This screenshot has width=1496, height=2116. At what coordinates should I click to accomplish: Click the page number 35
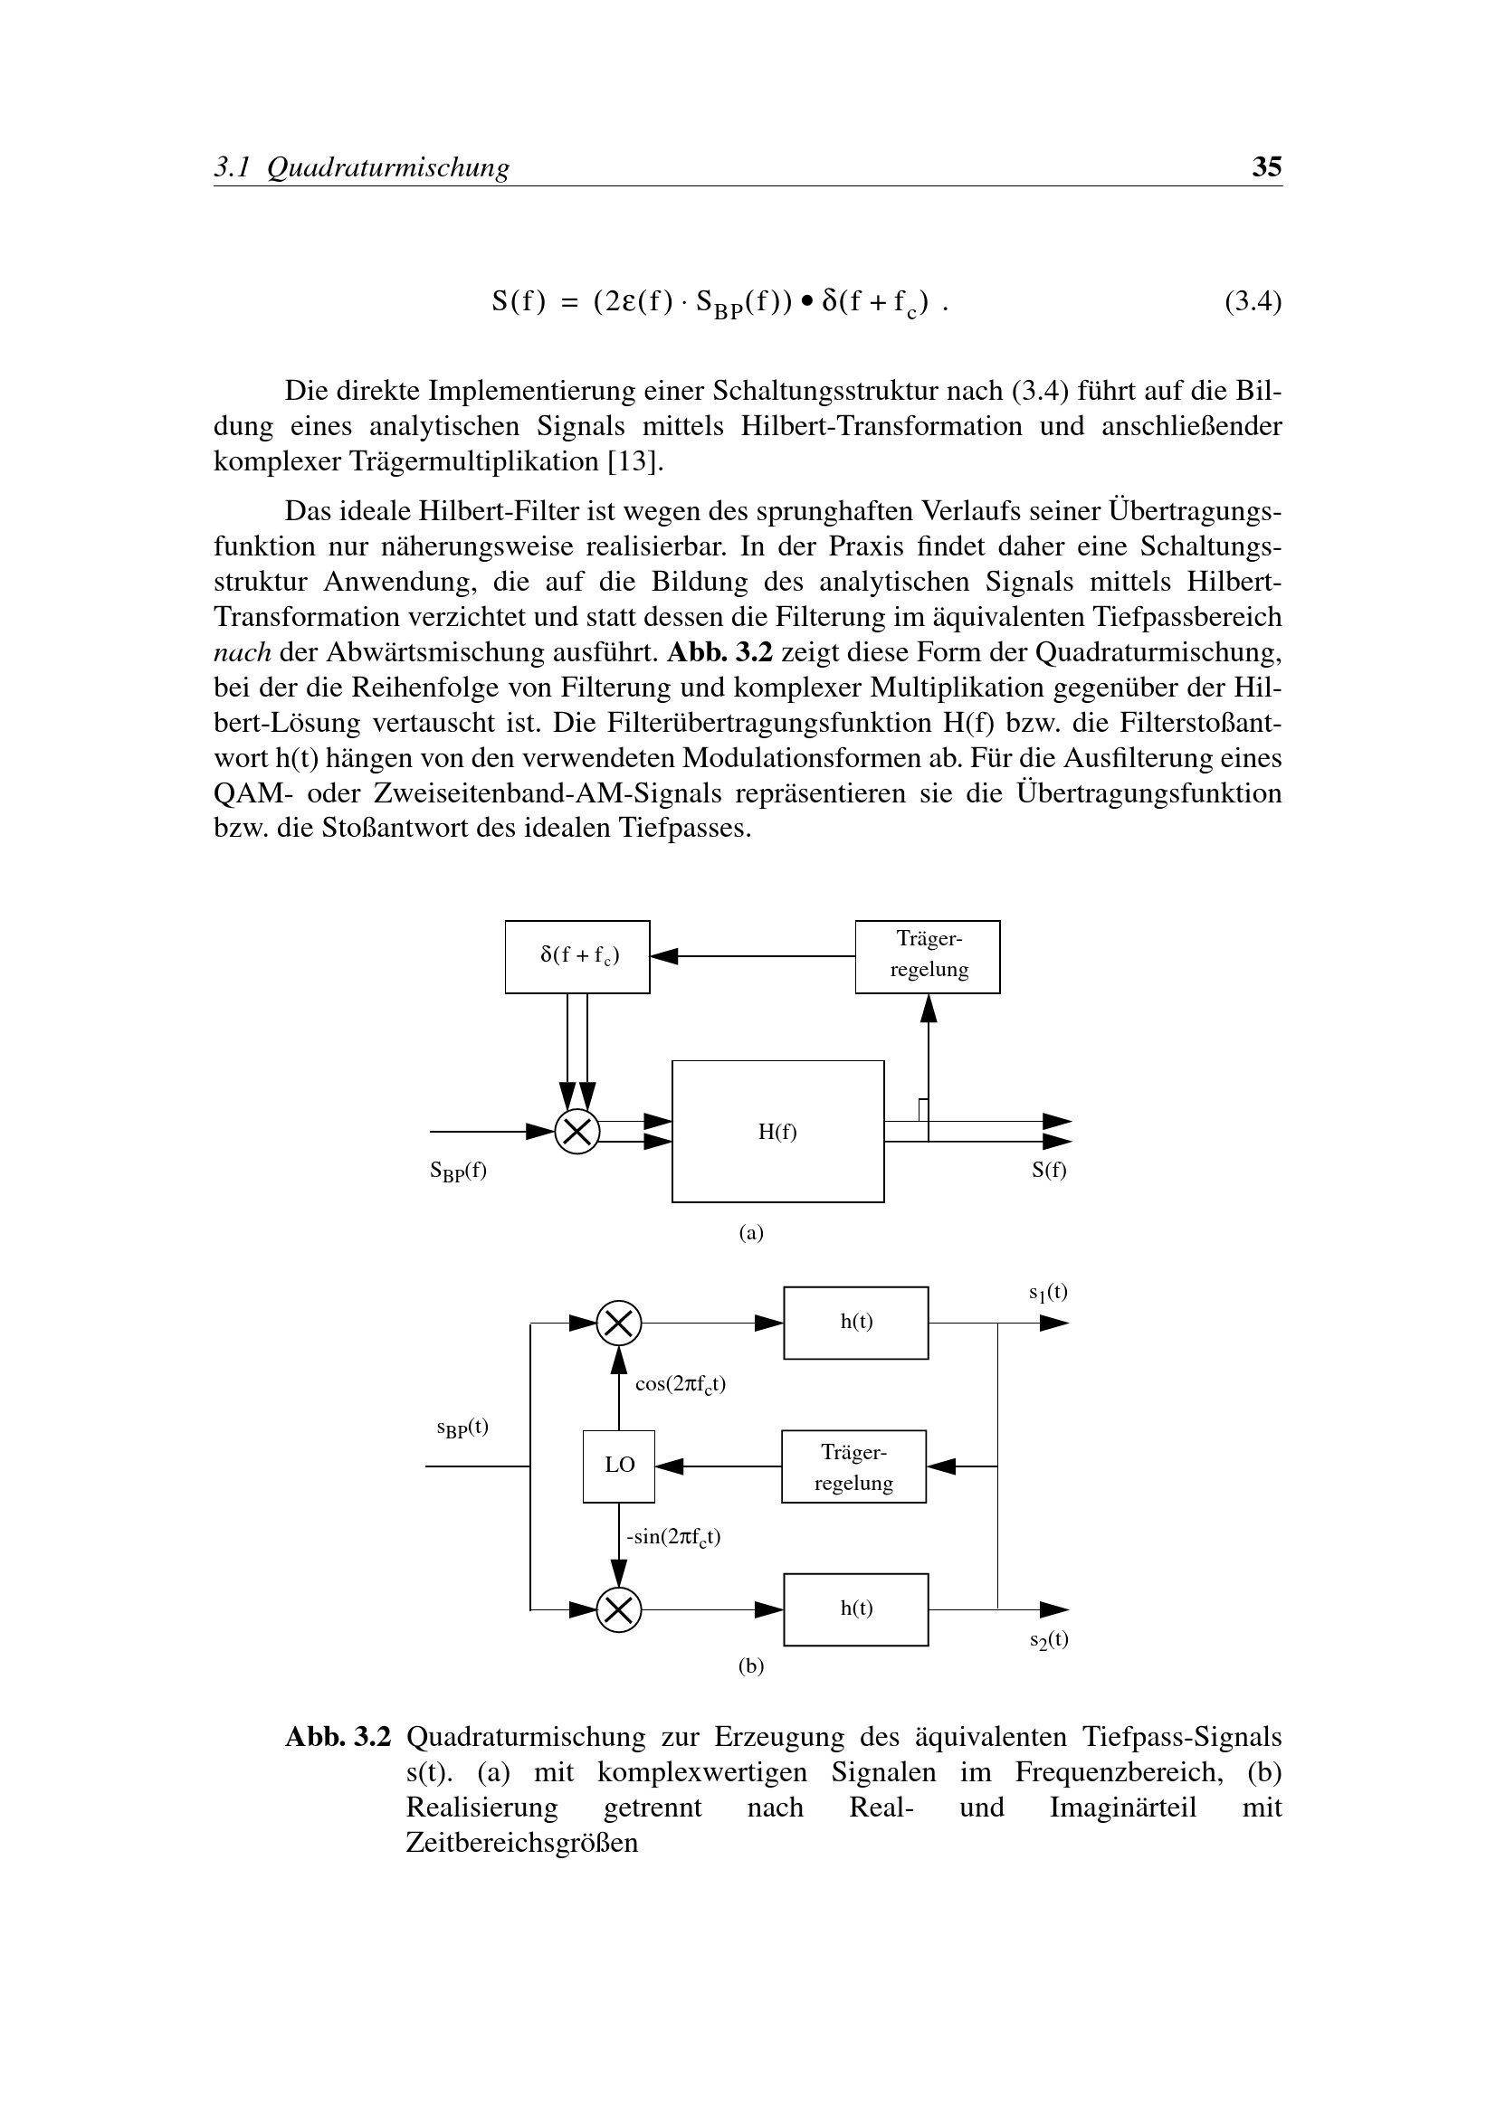point(1266,166)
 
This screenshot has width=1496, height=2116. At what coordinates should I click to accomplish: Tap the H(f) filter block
point(777,1131)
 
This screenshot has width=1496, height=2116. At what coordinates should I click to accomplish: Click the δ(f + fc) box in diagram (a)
point(577,956)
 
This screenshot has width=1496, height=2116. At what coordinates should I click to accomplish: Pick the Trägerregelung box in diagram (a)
point(928,956)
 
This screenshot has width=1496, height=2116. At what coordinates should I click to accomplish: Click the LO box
point(618,1466)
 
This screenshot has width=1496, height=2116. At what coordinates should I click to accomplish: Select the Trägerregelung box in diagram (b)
point(853,1466)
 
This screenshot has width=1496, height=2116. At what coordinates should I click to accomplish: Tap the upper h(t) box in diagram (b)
point(855,1323)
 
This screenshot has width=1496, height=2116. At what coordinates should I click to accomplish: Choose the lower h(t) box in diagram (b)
point(855,1609)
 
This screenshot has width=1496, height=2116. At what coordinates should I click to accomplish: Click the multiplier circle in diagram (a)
point(577,1132)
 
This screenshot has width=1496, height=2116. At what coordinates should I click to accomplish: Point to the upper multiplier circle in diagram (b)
point(618,1324)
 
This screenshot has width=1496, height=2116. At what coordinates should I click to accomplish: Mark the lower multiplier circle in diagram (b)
point(618,1609)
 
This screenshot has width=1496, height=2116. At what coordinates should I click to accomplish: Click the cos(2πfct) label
point(681,1384)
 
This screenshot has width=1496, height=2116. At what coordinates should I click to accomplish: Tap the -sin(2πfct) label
point(672,1537)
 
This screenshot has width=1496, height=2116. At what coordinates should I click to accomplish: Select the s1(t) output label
point(1048,1293)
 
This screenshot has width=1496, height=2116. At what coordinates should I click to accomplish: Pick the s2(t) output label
point(1049,1639)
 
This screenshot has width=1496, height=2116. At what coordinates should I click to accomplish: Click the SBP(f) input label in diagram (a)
point(458,1172)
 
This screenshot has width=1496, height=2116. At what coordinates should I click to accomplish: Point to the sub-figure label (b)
point(751,1666)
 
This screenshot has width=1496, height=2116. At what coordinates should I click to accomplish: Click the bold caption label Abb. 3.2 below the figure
point(338,1737)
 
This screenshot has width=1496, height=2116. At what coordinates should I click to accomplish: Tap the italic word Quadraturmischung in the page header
point(387,167)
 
